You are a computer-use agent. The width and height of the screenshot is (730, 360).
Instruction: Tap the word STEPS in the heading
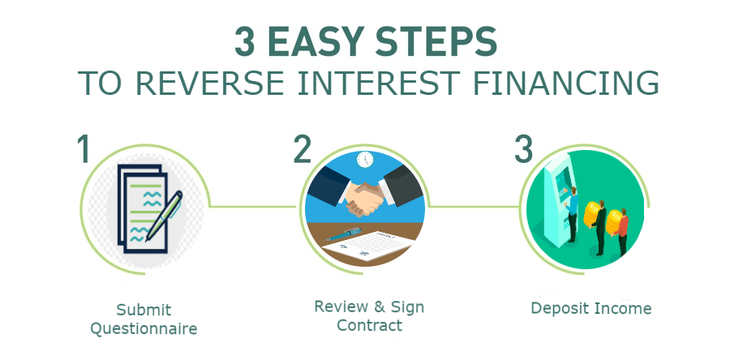(442, 42)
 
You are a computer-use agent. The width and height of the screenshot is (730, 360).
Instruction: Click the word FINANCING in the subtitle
(565, 84)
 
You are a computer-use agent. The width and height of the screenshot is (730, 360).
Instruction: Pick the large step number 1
(84, 149)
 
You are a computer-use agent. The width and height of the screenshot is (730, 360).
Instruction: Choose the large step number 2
(303, 149)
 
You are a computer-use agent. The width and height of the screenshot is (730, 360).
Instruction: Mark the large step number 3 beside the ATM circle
(523, 149)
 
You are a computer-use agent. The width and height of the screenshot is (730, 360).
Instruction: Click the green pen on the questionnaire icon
(164, 216)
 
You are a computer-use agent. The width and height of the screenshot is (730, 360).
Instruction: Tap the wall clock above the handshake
(365, 159)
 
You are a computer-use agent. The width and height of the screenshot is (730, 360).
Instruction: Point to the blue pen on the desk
(344, 234)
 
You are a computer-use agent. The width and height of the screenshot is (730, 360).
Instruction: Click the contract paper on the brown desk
(367, 246)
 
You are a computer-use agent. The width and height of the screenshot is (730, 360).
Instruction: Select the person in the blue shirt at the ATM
(572, 214)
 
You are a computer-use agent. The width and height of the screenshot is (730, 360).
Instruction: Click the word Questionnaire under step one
(144, 329)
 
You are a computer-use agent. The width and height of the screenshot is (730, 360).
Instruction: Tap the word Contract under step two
(369, 324)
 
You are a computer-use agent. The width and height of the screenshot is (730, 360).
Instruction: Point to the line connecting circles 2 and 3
(473, 206)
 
